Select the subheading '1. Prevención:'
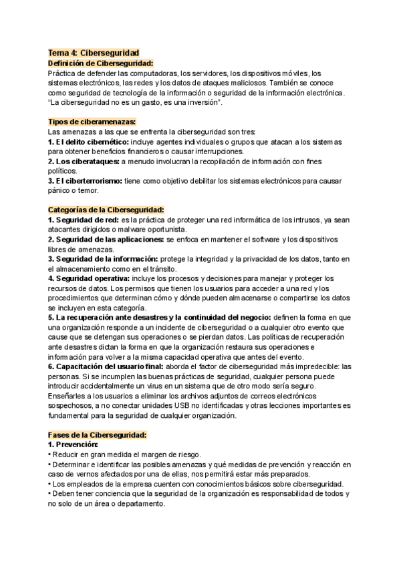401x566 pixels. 73,445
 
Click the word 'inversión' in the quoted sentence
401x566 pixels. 211,103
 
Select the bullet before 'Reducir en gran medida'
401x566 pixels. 49,455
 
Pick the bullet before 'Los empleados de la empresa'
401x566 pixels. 49,484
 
